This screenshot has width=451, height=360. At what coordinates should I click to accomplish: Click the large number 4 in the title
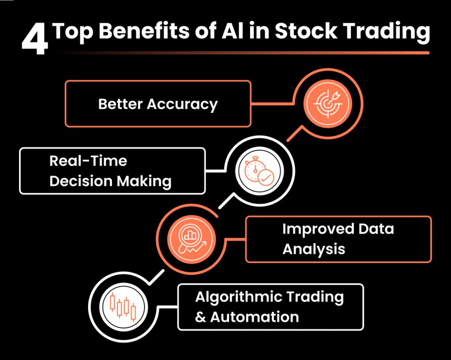click(x=35, y=39)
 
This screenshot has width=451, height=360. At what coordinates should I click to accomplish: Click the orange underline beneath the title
click(x=244, y=53)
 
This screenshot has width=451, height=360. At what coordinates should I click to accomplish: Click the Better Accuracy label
click(x=158, y=104)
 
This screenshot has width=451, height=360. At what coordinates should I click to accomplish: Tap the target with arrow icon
click(x=328, y=104)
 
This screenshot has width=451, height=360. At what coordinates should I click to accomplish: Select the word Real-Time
click(x=88, y=160)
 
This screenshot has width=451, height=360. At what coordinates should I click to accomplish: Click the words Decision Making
click(x=111, y=181)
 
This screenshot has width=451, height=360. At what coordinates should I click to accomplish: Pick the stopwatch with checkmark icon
click(x=259, y=171)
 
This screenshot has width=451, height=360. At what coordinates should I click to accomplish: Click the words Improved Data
click(x=338, y=229)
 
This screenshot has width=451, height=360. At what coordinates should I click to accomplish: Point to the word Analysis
click(x=314, y=249)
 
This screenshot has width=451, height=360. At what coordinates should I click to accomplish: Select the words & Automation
click(x=247, y=317)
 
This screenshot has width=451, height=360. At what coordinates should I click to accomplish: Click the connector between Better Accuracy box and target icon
click(x=273, y=103)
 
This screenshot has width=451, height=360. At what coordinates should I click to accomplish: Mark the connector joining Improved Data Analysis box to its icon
click(x=236, y=239)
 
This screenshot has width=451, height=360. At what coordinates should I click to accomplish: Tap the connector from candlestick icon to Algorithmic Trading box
click(x=168, y=307)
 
